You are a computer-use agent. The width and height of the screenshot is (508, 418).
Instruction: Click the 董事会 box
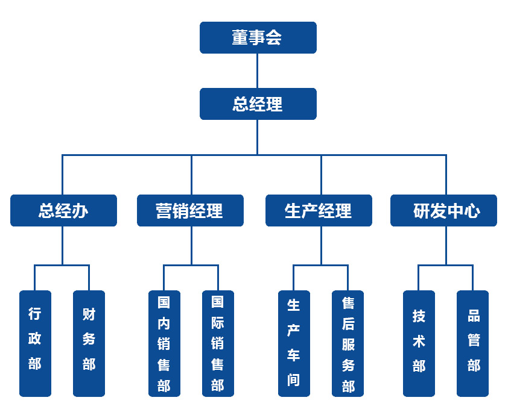pos(258,37)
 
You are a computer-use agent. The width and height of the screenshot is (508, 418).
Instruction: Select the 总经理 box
pos(258,104)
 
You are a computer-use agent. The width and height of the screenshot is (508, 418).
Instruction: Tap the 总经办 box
pos(63,210)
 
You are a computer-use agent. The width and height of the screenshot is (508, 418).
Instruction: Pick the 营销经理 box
pos(190,210)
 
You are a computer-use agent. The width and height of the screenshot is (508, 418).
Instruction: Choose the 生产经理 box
pos(319,210)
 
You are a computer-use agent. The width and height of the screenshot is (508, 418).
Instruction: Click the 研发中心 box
pos(443,210)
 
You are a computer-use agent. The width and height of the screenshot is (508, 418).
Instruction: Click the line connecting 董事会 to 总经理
pos(258,70)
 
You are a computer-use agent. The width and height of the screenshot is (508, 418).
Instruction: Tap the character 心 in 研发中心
pos(472,211)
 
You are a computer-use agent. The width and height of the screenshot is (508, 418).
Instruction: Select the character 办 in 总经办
pos(81,211)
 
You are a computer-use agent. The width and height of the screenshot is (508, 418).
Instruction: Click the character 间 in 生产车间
pos(294,380)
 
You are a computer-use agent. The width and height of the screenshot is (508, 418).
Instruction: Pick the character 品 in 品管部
pos(474,316)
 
